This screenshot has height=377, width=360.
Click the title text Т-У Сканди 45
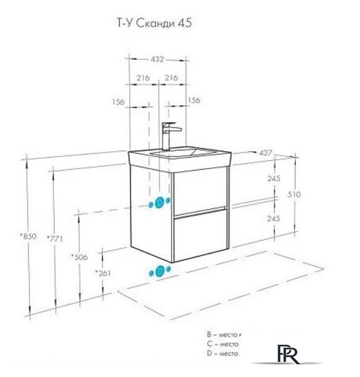point(152,24)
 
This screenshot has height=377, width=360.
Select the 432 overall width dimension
point(157,59)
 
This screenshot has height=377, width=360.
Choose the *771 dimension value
point(55,237)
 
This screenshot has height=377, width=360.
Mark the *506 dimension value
point(79,257)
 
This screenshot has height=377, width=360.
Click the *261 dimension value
point(103,273)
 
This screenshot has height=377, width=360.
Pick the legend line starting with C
point(223,344)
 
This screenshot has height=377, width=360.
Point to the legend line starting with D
point(223,353)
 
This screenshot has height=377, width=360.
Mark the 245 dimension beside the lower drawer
point(274,218)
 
